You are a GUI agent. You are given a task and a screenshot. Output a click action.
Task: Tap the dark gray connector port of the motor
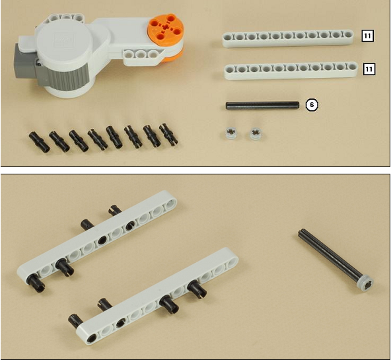(x=24, y=61)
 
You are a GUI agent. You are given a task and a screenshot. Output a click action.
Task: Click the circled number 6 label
(x=312, y=105)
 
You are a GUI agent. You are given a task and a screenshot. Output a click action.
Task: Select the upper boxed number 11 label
(x=367, y=36)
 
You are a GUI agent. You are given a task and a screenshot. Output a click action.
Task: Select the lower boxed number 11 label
(x=369, y=69)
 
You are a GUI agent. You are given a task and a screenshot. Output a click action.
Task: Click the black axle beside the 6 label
(x=262, y=105)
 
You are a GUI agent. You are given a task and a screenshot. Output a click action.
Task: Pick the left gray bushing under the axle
(x=231, y=133)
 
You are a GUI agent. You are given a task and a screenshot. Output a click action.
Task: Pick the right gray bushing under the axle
(x=256, y=133)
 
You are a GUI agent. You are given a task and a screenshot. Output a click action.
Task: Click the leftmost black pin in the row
(x=39, y=142)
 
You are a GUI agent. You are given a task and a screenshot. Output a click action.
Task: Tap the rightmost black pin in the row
(x=168, y=134)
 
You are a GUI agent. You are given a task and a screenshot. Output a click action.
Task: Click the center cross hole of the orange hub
(x=165, y=28)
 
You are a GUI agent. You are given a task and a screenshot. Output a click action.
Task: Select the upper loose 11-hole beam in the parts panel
(x=288, y=38)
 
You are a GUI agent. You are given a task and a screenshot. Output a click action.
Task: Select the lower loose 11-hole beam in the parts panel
(x=291, y=71)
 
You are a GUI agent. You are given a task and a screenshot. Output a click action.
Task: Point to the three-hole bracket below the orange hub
(x=143, y=56)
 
